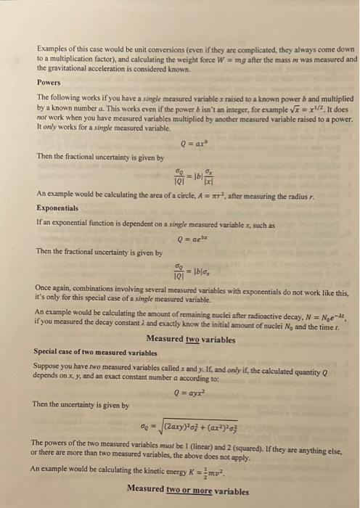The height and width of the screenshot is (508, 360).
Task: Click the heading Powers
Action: click(x=48, y=83)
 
